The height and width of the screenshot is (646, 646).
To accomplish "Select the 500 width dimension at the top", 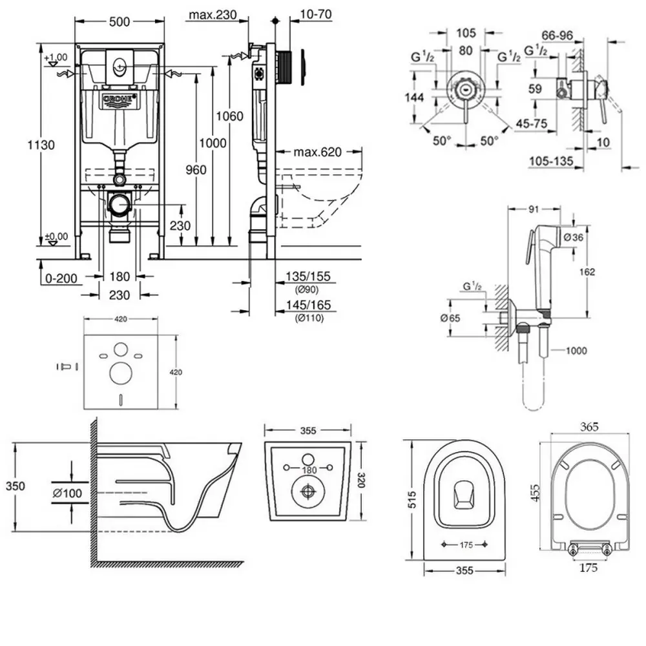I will click(119, 21).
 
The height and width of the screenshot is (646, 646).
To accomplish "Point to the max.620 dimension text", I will click(318, 152).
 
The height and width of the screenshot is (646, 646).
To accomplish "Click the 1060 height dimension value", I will click(230, 116).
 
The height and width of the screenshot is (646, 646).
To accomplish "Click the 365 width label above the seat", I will click(589, 426).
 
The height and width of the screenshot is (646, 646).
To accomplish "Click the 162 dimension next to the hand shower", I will click(586, 271).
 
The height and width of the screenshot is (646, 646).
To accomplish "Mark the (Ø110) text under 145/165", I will click(307, 317).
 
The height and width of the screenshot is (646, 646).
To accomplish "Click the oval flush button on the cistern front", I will click(119, 65).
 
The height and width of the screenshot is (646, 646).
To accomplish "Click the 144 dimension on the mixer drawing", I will click(415, 98).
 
